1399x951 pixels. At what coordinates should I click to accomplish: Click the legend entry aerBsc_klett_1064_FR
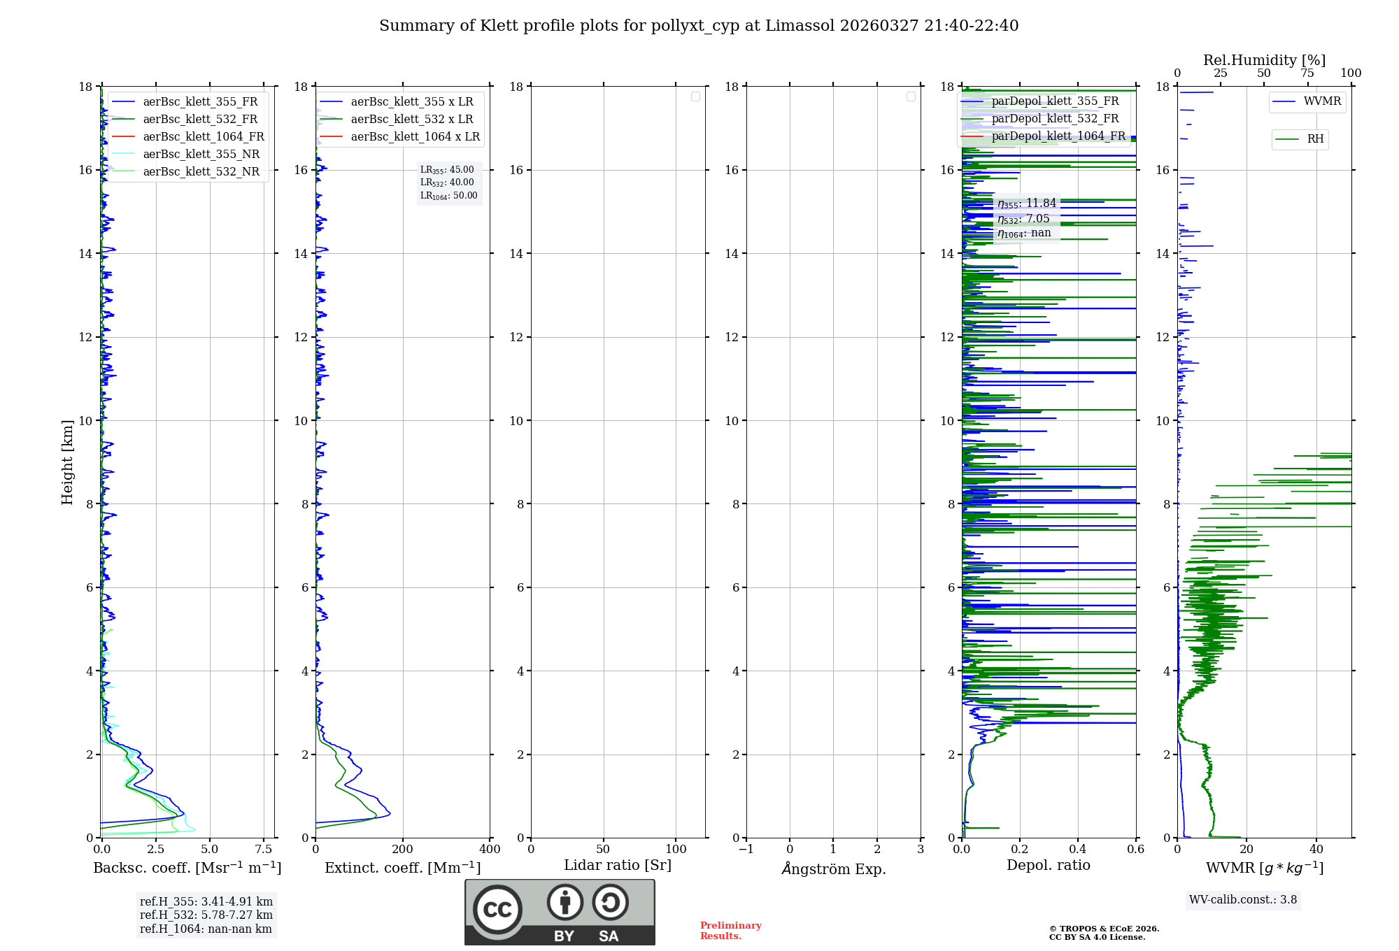click(203, 136)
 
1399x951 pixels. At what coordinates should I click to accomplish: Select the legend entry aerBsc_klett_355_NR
click(201, 154)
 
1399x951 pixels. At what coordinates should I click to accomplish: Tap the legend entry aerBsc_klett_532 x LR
click(412, 119)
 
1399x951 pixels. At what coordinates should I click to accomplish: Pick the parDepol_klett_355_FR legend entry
click(1055, 101)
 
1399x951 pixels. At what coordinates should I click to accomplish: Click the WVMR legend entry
click(1322, 101)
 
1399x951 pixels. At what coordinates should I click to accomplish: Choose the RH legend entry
click(1315, 139)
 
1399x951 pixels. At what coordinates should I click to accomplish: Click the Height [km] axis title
click(67, 462)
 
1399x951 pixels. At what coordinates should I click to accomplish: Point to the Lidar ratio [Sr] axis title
click(618, 866)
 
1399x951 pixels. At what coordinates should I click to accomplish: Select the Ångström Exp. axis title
click(833, 869)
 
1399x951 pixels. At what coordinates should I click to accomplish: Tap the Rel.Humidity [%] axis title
click(1264, 60)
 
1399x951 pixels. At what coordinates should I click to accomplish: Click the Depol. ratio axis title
click(1048, 866)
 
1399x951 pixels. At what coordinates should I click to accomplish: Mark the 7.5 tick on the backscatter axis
click(264, 850)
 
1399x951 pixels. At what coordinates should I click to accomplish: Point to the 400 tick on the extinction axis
click(490, 850)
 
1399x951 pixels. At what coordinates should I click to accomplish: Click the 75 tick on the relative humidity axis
click(1307, 73)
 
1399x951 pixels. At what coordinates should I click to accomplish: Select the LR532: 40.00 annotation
click(447, 183)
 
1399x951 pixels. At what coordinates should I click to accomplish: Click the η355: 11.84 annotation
click(1026, 203)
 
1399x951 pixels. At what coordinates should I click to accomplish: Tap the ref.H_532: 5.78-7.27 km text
click(206, 915)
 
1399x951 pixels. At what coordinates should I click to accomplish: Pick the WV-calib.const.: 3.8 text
click(1243, 900)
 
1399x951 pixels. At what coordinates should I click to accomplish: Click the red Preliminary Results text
click(730, 931)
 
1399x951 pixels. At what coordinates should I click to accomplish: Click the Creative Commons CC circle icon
click(497, 910)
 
